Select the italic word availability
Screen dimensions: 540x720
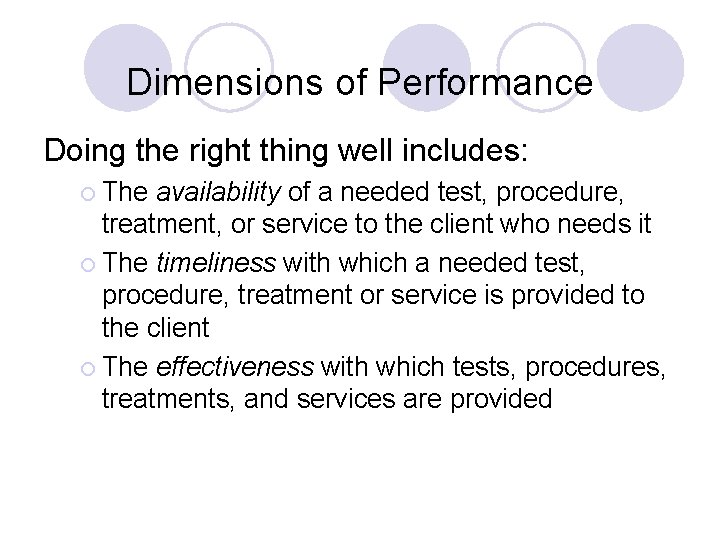point(219,190)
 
